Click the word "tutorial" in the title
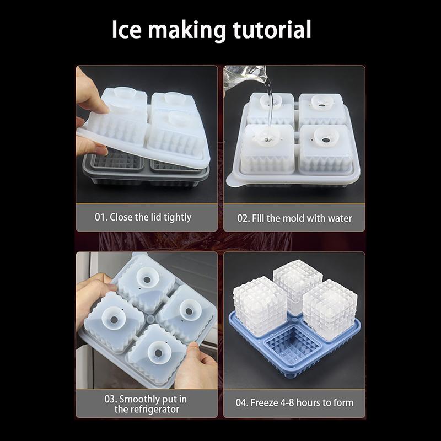click(272, 29)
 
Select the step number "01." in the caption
click(101, 217)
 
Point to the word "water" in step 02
click(339, 218)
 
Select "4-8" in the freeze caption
click(287, 402)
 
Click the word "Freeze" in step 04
click(264, 402)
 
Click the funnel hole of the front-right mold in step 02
click(326, 140)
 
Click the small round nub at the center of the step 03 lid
click(150, 319)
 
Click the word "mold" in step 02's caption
click(293, 218)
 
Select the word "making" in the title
click(187, 30)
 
